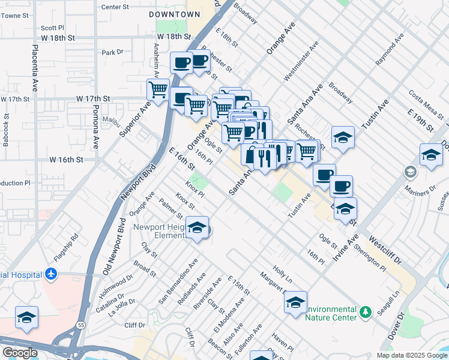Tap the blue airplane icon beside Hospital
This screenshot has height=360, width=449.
click(x=51, y=274)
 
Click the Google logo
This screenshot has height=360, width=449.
click(x=20, y=353)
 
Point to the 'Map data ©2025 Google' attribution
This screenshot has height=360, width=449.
click(x=411, y=355)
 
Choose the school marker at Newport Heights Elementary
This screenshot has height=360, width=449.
click(x=197, y=228)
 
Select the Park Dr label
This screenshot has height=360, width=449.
click(x=112, y=53)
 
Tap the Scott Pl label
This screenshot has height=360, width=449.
click(x=52, y=28)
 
